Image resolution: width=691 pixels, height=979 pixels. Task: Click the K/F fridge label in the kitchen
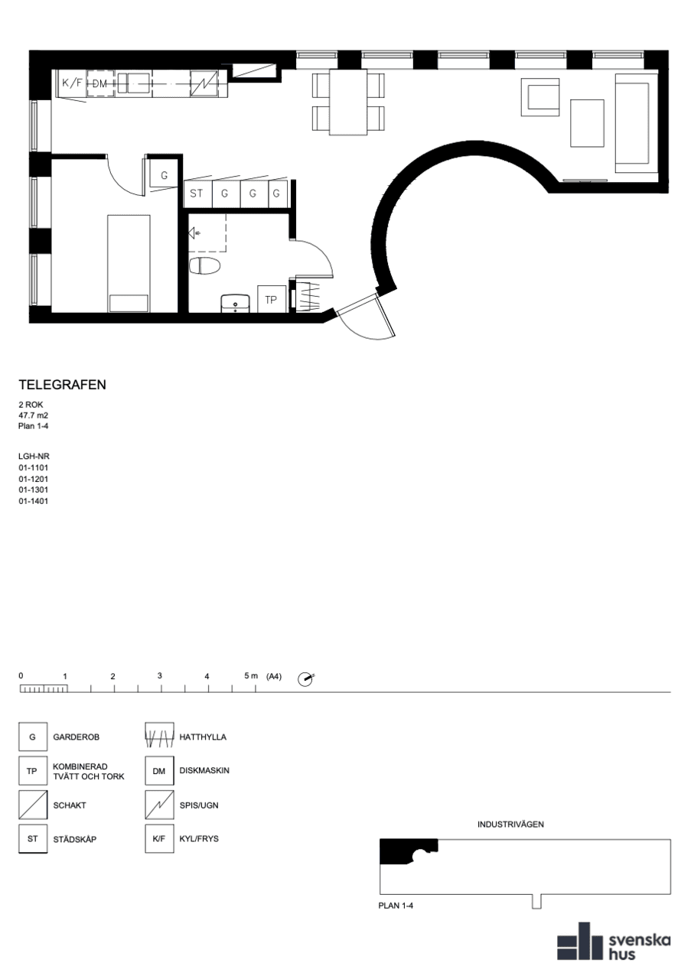pyautogui.click(x=72, y=83)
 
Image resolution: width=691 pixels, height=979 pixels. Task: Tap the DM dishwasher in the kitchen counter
pyautogui.click(x=100, y=83)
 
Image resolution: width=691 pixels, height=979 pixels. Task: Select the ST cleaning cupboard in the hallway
pyautogui.click(x=197, y=194)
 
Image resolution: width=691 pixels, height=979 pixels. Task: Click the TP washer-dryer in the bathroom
pyautogui.click(x=271, y=299)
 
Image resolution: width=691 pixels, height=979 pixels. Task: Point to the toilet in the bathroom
pyautogui.click(x=204, y=265)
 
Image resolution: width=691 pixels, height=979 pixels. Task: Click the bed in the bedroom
pyautogui.click(x=129, y=264)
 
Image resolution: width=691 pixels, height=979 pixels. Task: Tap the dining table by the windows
pyautogui.click(x=348, y=102)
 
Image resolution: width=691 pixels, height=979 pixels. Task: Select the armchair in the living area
pyautogui.click(x=540, y=97)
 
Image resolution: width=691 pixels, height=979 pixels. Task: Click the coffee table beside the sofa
pyautogui.click(x=588, y=123)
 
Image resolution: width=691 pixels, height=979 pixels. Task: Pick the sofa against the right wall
pyautogui.click(x=637, y=123)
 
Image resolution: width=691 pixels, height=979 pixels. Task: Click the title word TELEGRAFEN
pyautogui.click(x=63, y=385)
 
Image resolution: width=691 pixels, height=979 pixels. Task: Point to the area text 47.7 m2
pyautogui.click(x=33, y=415)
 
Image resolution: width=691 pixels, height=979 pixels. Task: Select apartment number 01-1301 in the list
pyautogui.click(x=33, y=490)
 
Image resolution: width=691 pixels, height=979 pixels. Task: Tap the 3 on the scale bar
pyautogui.click(x=160, y=675)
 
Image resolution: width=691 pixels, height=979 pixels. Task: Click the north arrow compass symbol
pyautogui.click(x=305, y=679)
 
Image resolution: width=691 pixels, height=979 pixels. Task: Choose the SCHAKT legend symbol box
pyautogui.click(x=33, y=805)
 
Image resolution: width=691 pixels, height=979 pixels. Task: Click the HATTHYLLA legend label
pyautogui.click(x=203, y=737)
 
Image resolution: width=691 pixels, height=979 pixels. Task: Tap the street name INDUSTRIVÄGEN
pyautogui.click(x=511, y=825)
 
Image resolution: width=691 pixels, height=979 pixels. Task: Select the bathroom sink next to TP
pyautogui.click(x=235, y=304)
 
